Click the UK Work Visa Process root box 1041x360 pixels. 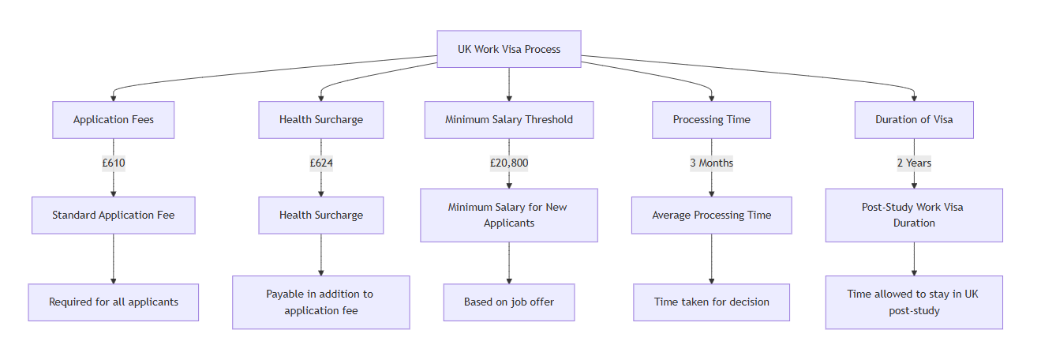(509, 49)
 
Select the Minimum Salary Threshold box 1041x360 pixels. (509, 120)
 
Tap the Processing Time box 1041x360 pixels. (711, 120)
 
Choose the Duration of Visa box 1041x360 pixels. (914, 120)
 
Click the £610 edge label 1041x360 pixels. (114, 163)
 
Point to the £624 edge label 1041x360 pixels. (321, 163)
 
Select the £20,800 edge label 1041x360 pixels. (509, 163)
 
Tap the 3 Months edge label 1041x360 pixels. (711, 163)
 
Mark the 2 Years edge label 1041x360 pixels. (914, 163)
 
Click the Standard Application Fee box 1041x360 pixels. (114, 215)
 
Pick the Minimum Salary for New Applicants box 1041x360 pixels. (509, 215)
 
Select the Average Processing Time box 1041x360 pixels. (711, 215)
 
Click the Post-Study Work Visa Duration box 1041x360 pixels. (914, 215)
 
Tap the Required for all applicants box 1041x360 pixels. (114, 302)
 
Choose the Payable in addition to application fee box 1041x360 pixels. (321, 302)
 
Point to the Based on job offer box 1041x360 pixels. (509, 302)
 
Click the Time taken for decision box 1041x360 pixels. (711, 302)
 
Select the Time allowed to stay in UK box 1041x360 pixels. (914, 302)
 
